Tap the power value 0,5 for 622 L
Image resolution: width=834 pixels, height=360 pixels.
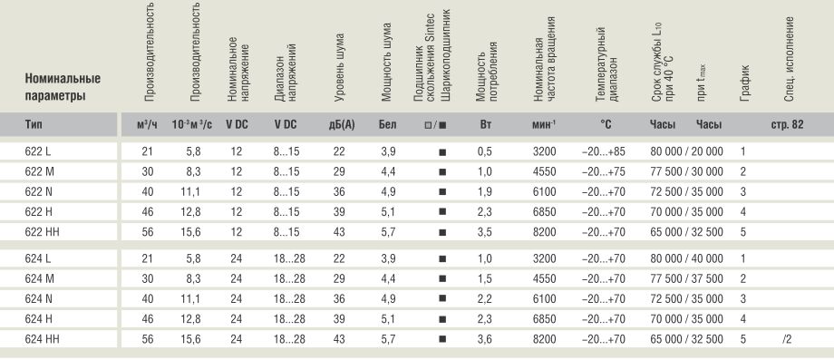(485, 152)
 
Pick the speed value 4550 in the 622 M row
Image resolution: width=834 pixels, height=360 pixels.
(544, 172)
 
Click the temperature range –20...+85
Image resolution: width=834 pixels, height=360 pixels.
(604, 152)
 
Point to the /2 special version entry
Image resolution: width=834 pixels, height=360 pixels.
(787, 339)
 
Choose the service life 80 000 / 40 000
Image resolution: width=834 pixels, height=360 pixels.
(686, 259)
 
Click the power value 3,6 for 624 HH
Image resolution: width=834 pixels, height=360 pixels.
(485, 339)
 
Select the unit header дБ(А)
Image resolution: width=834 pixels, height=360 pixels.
(342, 125)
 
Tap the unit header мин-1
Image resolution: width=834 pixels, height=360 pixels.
(544, 125)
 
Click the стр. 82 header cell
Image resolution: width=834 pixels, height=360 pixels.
(787, 125)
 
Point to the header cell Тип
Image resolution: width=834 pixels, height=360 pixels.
(33, 125)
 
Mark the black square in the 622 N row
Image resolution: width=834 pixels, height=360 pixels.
(442, 192)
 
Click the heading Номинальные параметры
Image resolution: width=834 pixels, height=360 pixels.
(63, 88)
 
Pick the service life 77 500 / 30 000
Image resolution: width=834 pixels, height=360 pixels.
(686, 172)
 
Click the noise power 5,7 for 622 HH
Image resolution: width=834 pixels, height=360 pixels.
(388, 232)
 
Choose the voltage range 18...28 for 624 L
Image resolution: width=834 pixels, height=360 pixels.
(289, 259)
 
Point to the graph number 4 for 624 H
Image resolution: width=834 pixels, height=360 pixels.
(743, 319)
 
